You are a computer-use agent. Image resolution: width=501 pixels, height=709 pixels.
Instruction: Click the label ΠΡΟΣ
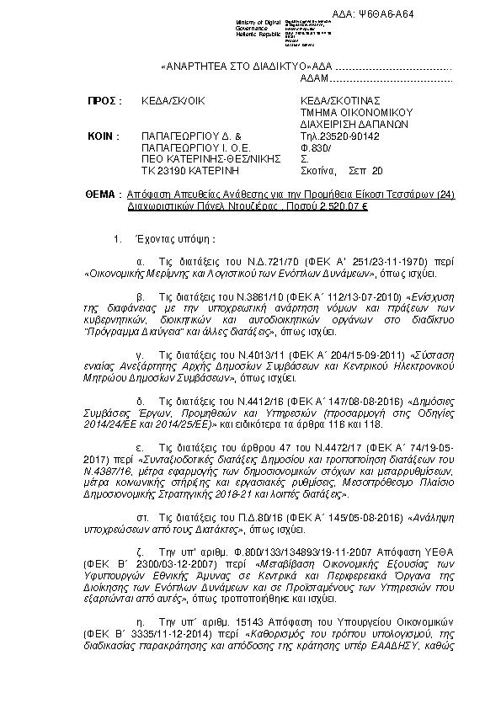click(x=104, y=101)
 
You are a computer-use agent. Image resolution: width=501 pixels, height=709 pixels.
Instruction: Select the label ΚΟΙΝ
click(x=104, y=136)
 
